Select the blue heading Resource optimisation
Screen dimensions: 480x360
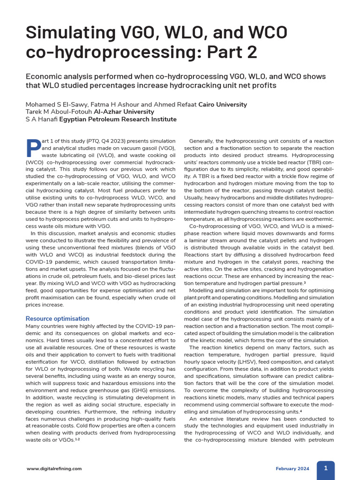coord(57,319)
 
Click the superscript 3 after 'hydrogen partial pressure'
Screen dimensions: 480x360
coord(305,283)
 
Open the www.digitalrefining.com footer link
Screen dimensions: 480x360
coord(54,468)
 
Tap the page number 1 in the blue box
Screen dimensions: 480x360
coord(325,468)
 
